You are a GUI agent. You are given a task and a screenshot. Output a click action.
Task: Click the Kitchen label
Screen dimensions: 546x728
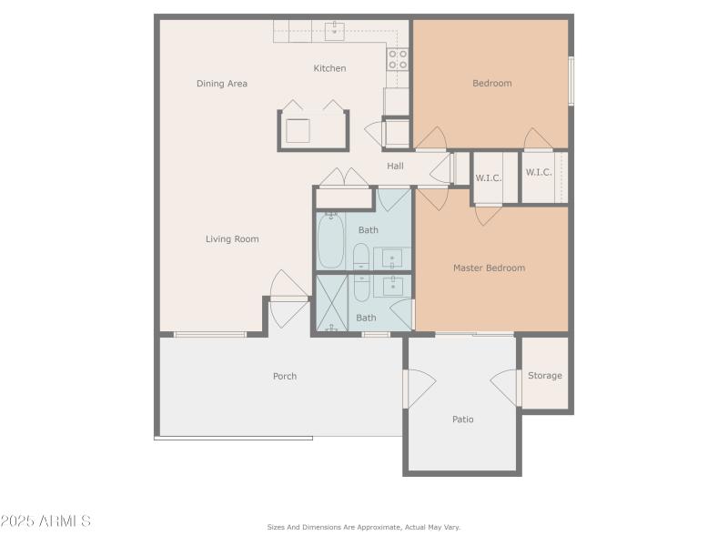click(x=329, y=68)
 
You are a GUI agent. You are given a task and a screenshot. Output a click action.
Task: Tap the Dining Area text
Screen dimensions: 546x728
click(x=222, y=84)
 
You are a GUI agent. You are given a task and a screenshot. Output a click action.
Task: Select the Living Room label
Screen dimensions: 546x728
click(x=232, y=239)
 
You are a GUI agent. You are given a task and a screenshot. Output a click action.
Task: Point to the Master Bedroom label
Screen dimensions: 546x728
click(x=489, y=268)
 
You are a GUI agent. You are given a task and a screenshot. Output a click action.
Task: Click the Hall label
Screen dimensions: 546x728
click(x=395, y=166)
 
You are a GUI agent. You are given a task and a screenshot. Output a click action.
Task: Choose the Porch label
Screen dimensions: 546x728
click(x=285, y=376)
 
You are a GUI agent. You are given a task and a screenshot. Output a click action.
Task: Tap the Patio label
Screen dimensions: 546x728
click(x=463, y=420)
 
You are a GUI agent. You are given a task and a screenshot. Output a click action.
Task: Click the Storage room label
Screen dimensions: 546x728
click(x=545, y=375)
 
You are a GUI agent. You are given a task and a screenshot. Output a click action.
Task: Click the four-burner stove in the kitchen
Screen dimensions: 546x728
click(x=398, y=59)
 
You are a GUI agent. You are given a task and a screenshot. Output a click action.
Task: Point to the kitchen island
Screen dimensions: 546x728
click(x=312, y=129)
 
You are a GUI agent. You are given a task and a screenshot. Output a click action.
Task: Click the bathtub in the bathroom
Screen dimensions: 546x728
click(x=330, y=240)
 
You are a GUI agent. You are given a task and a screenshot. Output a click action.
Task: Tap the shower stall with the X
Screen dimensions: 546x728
click(x=331, y=303)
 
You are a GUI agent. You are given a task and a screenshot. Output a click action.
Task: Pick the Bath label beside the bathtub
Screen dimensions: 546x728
click(x=368, y=230)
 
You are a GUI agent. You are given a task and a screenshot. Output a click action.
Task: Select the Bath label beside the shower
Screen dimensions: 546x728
click(x=366, y=318)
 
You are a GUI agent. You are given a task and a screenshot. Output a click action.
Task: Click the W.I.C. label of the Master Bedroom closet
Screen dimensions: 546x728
click(x=489, y=177)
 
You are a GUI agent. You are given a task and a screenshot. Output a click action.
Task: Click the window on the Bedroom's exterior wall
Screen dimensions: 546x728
click(x=571, y=81)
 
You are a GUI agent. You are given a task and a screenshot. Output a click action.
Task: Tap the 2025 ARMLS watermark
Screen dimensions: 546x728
click(x=45, y=521)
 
